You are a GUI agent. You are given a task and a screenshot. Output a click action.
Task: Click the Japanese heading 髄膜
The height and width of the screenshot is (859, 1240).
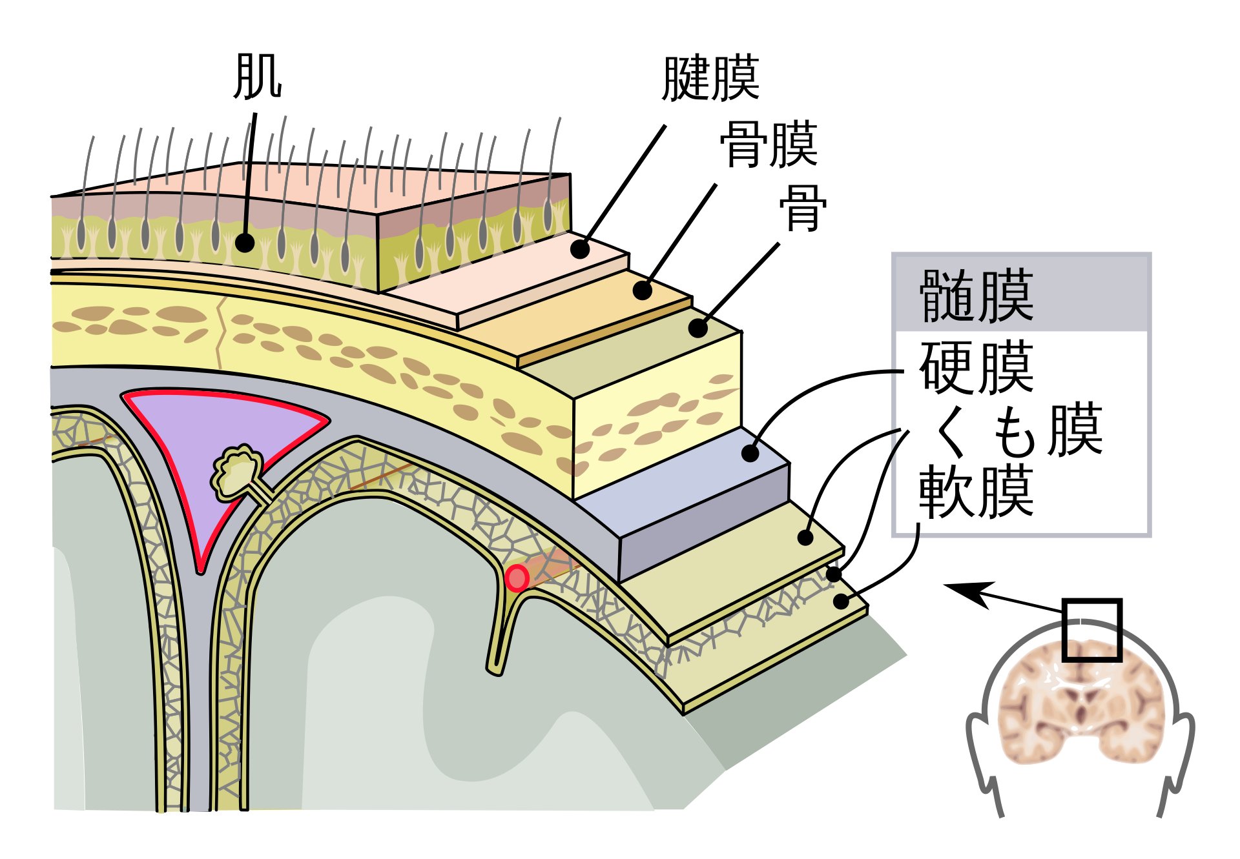coord(976,296)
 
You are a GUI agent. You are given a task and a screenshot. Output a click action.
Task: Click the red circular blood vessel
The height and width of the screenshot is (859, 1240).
coord(517,578)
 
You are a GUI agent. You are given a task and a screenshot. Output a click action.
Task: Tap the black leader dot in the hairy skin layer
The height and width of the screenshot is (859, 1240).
coord(245,243)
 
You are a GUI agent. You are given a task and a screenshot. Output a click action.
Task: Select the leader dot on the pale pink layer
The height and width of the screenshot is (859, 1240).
coord(579,249)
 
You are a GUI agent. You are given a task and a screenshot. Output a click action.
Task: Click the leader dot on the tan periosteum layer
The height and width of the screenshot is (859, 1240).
coord(642,290)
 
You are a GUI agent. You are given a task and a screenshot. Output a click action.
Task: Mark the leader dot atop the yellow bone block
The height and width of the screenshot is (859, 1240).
coord(697,328)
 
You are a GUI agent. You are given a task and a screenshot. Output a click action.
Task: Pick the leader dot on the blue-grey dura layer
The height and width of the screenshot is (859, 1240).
coord(750,454)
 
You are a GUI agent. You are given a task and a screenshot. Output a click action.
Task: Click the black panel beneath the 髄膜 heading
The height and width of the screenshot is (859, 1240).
coord(1021,432)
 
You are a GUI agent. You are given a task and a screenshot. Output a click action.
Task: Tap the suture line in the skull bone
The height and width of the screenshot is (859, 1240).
coord(220,332)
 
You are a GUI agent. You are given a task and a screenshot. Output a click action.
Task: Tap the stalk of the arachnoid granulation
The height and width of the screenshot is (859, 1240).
coord(262,491)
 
